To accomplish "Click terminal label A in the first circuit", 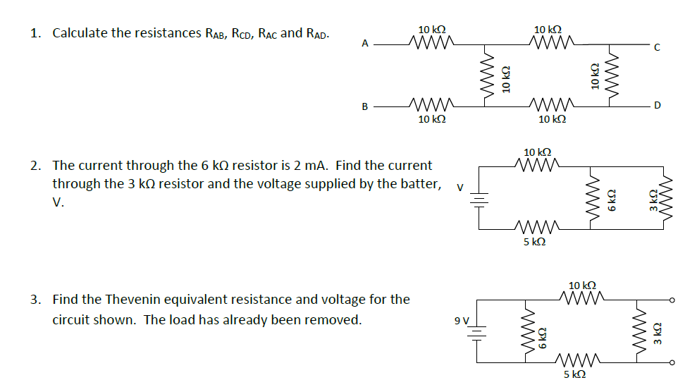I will pyautogui.click(x=365, y=44).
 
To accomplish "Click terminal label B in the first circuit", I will pyautogui.click(x=365, y=107).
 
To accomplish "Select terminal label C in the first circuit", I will pyautogui.click(x=657, y=48).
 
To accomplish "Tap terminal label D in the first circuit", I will pyautogui.click(x=657, y=106).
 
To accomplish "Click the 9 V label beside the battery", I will pyautogui.click(x=462, y=321).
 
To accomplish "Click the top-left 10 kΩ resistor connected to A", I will pyautogui.click(x=431, y=44).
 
